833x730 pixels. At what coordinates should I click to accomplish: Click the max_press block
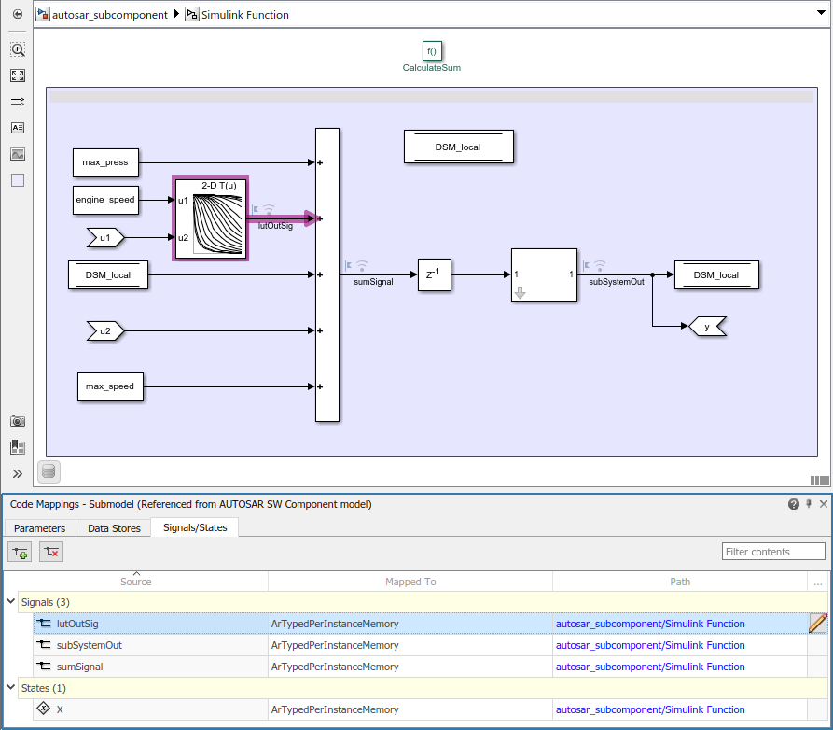pos(105,162)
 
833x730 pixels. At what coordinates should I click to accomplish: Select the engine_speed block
pos(105,200)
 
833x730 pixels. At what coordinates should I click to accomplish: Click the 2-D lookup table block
pos(210,218)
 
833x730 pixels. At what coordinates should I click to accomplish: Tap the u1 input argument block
pos(105,238)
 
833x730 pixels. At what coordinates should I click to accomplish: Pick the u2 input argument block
pos(105,330)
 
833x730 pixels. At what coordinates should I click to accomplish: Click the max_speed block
pos(110,386)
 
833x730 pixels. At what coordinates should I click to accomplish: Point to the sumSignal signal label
pos(373,281)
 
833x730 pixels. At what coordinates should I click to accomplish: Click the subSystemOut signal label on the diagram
pos(617,281)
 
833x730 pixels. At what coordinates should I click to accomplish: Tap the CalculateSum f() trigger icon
pos(431,51)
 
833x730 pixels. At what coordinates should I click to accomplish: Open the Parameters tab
pos(40,528)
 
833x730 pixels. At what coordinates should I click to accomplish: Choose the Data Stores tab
pos(114,528)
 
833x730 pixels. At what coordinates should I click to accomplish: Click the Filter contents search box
pos(773,552)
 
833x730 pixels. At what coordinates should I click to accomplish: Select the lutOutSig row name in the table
pos(77,624)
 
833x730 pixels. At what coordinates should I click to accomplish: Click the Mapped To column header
pos(410,582)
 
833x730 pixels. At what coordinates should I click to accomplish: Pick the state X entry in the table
pos(61,709)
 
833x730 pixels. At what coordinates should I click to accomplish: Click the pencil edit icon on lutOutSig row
pos(818,624)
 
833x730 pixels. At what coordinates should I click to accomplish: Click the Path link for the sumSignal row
pos(650,667)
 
